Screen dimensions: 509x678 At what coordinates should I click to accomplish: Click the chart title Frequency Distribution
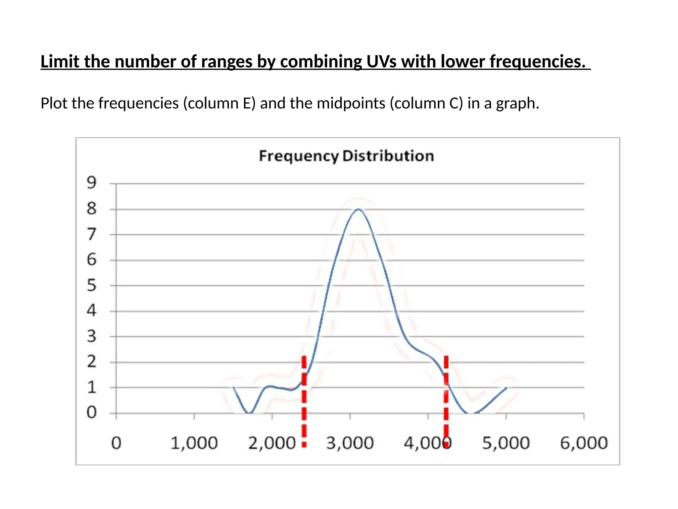pos(346,156)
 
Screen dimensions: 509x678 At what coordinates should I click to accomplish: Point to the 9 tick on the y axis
pos(92,183)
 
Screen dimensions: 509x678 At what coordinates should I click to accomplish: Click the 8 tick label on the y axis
pos(92,209)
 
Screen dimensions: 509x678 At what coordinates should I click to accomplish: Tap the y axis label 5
pos(92,285)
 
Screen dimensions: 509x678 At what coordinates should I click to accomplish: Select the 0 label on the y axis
pos(92,413)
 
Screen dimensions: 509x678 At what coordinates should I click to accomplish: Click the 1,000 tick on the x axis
pos(194,443)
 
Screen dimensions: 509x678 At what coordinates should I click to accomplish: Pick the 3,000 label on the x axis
pos(350,443)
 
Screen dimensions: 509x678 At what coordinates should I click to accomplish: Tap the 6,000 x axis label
pos(584,443)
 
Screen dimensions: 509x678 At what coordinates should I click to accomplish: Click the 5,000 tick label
pos(506,443)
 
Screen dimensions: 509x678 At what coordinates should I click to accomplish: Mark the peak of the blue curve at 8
pos(358,209)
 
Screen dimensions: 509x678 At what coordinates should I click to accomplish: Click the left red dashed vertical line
pos(304,401)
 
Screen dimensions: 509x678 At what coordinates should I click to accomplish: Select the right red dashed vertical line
pos(446,401)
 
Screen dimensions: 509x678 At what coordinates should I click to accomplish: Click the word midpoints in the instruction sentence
pos(351,103)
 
